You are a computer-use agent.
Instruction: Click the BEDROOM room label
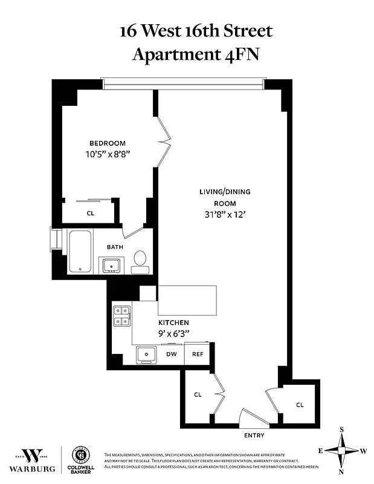108,143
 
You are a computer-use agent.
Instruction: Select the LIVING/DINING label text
225,192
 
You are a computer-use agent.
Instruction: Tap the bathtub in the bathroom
80,251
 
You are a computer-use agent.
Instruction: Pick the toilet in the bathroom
140,258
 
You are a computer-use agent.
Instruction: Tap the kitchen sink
146,353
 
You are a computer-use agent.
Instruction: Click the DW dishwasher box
172,354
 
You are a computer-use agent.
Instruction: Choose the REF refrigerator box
198,354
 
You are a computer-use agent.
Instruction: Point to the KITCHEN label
173,322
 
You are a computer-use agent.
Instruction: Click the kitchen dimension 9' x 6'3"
173,333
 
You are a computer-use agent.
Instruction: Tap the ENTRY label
254,435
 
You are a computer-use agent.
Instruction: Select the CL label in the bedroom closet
91,213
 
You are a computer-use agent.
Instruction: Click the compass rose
341,451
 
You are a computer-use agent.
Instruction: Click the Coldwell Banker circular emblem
81,455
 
